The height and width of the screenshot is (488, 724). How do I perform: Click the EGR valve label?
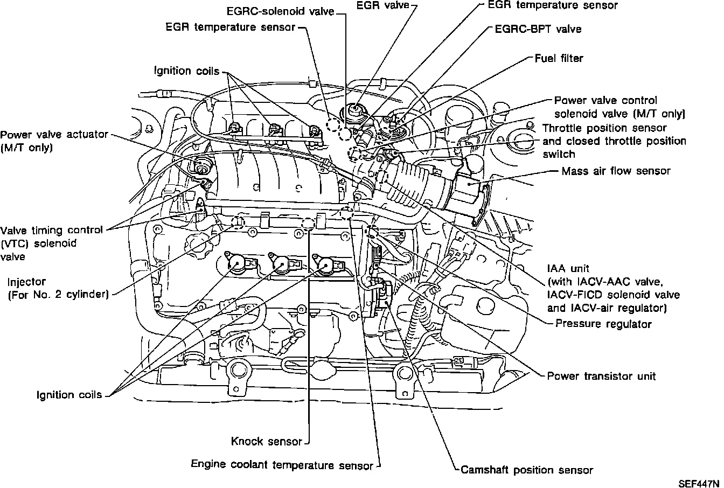point(382,5)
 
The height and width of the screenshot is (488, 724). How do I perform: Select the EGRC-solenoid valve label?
point(280,12)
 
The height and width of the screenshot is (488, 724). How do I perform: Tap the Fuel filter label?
point(559,58)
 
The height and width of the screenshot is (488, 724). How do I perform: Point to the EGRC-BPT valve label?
point(538,29)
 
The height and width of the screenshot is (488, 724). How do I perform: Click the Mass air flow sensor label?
point(616,171)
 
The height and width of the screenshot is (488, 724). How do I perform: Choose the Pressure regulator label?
point(603,324)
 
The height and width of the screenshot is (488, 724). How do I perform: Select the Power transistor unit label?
point(601,376)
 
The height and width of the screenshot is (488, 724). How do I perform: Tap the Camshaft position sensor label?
point(527,470)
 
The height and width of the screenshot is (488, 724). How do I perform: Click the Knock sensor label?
point(267,442)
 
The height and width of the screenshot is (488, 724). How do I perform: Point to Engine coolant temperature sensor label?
point(282,465)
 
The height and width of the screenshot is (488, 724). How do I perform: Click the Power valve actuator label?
point(54,141)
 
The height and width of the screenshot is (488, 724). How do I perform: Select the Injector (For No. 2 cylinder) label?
point(58,289)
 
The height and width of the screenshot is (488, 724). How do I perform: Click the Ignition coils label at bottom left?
point(69,395)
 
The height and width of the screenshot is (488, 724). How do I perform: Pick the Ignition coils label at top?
point(187,71)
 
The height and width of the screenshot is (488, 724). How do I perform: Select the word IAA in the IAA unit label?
point(556,269)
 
